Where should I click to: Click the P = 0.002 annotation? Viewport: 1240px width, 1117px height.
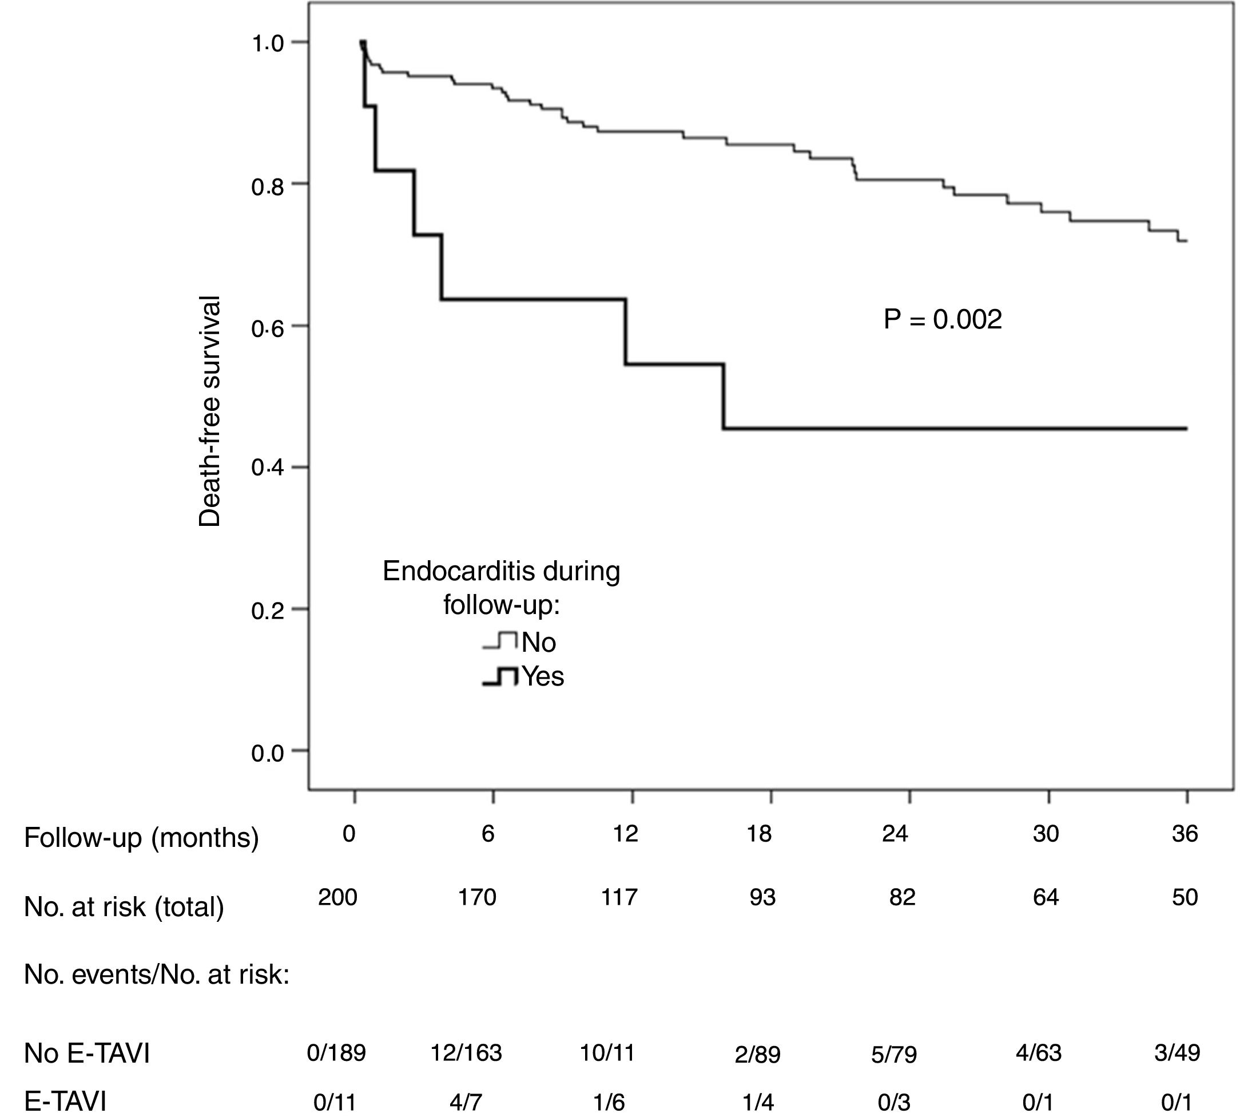tap(942, 319)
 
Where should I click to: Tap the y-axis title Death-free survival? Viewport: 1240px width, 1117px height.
tap(209, 411)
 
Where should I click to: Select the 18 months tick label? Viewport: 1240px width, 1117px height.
tap(759, 833)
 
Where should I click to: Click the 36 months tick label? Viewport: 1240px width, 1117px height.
tap(1184, 833)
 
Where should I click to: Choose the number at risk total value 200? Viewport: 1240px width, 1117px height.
tap(337, 897)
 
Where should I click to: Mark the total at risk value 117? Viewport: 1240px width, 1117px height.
tap(619, 897)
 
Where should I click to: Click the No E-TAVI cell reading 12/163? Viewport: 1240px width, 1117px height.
tap(466, 1053)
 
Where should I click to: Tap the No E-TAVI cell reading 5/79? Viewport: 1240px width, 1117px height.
tap(894, 1055)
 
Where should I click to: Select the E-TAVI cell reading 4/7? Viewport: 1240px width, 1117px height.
tap(466, 1103)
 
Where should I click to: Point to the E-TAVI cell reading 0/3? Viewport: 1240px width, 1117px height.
tap(894, 1103)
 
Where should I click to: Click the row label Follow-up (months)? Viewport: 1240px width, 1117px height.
tap(141, 837)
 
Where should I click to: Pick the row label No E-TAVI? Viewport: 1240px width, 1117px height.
tap(86, 1053)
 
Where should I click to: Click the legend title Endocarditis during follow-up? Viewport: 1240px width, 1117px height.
tap(501, 588)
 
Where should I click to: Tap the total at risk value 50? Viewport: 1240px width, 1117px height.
tap(1184, 897)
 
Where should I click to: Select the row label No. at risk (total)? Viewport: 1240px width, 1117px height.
tap(124, 906)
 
